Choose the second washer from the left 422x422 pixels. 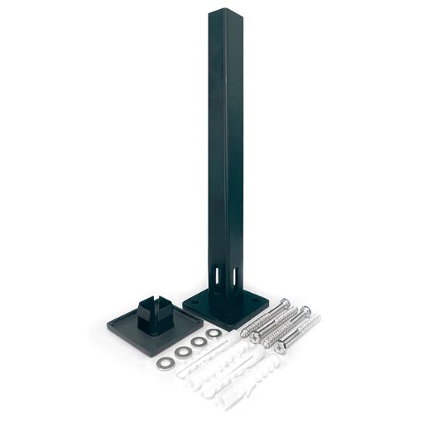coord(183,352)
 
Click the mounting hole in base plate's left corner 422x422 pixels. coord(194,301)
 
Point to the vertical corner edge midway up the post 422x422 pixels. coord(221,149)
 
